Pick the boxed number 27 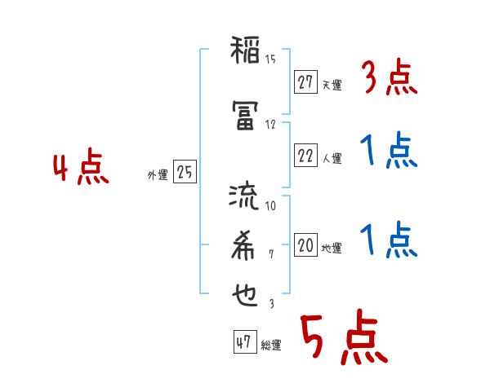click(x=305, y=82)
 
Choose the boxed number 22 click(x=305, y=156)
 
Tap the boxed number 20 click(x=305, y=244)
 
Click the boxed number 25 click(x=185, y=172)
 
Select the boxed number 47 click(x=243, y=342)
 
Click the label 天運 click(x=332, y=85)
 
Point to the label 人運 click(x=332, y=158)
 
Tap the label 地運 click(x=332, y=248)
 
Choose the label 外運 click(x=158, y=174)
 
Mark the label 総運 click(x=270, y=346)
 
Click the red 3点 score click(x=389, y=78)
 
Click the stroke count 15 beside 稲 click(x=270, y=59)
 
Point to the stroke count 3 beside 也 click(x=270, y=303)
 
